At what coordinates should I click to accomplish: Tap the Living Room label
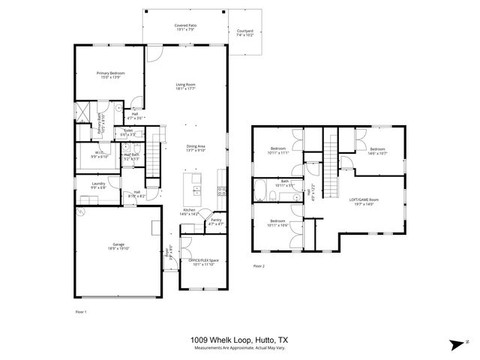click(x=185, y=87)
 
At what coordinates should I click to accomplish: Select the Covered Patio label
click(x=185, y=28)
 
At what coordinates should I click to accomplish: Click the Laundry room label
click(x=98, y=185)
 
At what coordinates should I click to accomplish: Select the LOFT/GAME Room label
click(x=363, y=201)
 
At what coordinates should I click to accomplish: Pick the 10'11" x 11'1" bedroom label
click(x=279, y=151)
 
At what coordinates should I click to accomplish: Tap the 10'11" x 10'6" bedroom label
click(x=279, y=223)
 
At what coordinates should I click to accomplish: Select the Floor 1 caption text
click(x=81, y=310)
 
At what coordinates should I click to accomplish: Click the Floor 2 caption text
click(x=259, y=266)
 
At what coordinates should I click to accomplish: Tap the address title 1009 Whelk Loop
click(x=240, y=340)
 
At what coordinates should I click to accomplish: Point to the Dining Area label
click(x=196, y=148)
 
